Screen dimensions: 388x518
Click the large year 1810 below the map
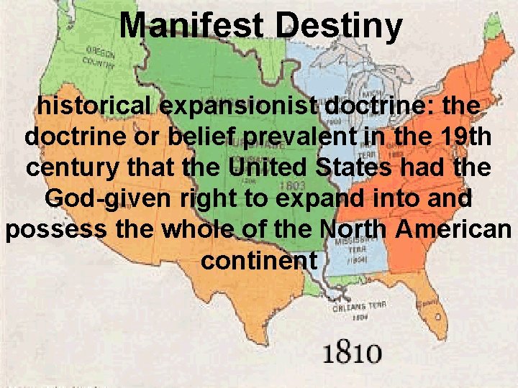(352, 354)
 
